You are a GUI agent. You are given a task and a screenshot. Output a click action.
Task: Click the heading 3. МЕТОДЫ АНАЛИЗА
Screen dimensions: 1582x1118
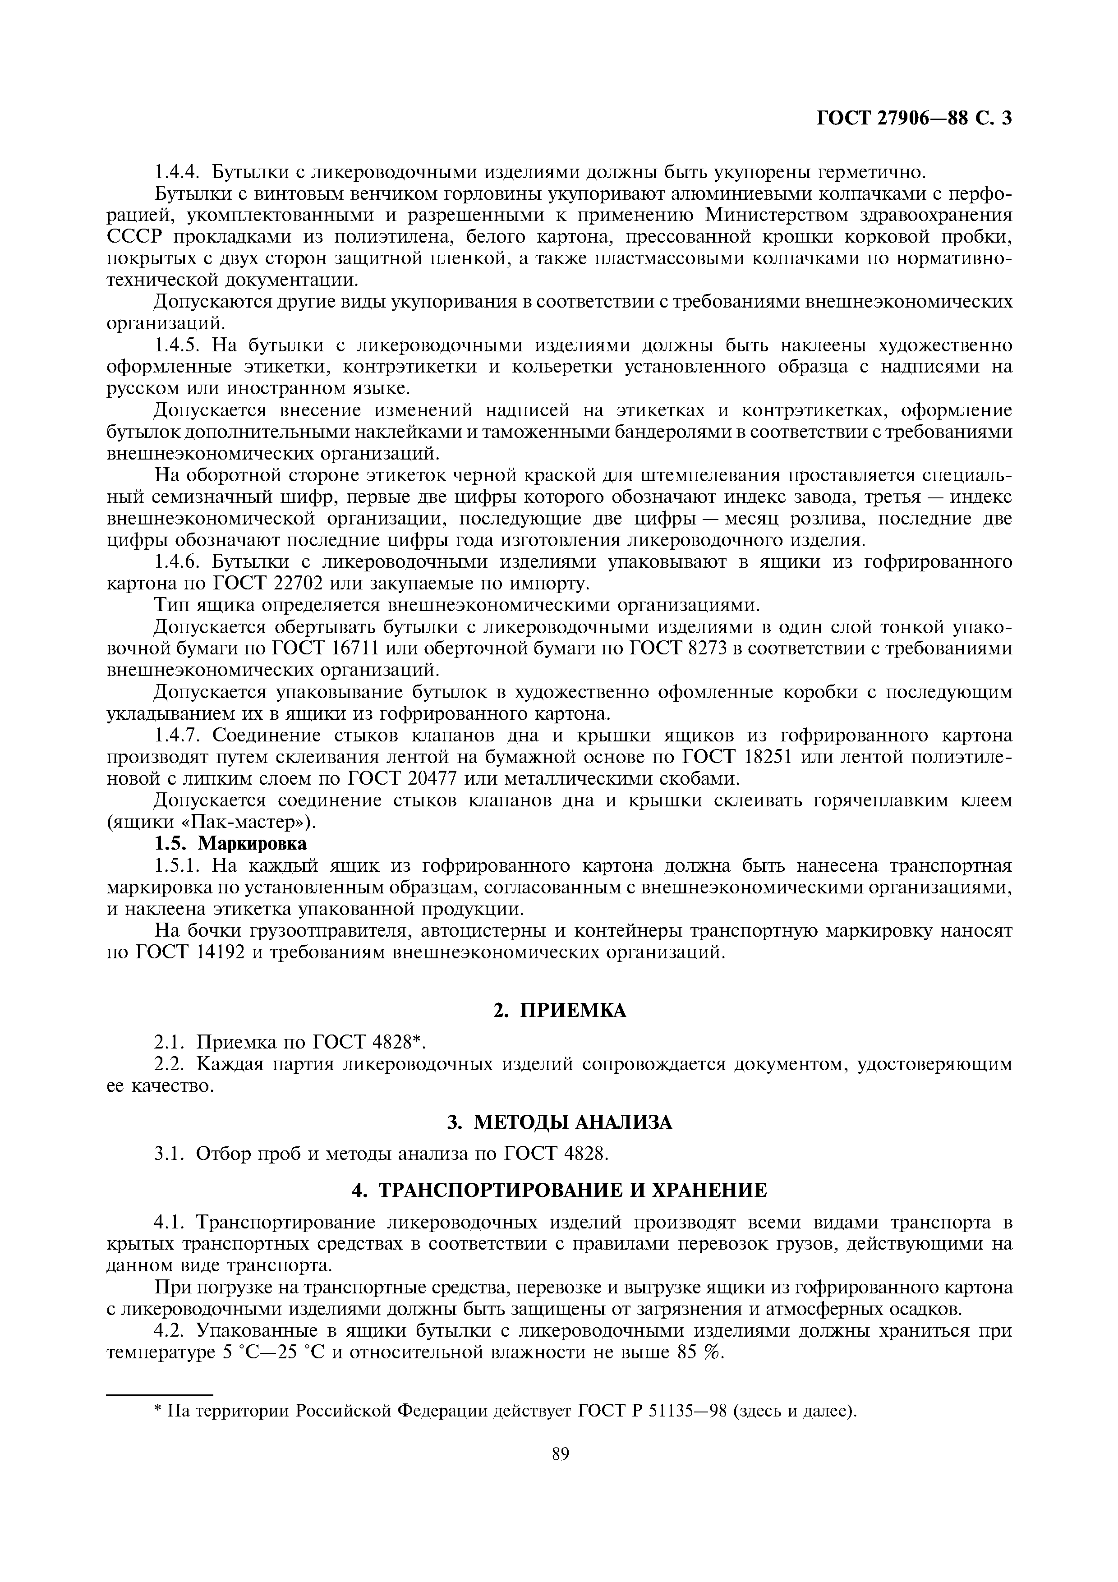(x=559, y=1122)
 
